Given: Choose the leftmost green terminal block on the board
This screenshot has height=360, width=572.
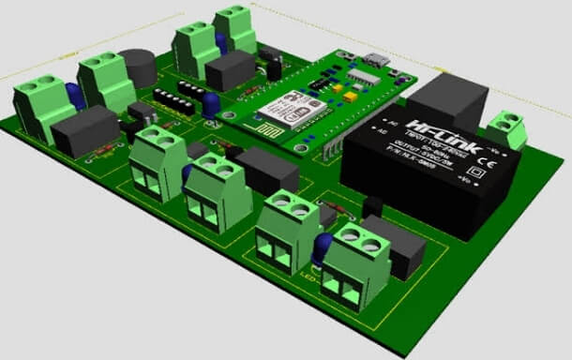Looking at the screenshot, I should point(40,109).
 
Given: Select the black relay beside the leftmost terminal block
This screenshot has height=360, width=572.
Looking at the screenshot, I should point(84,131).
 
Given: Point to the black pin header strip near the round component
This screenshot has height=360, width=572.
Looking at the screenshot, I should point(174,99).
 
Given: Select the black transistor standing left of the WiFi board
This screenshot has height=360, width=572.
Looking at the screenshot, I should point(274,68).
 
